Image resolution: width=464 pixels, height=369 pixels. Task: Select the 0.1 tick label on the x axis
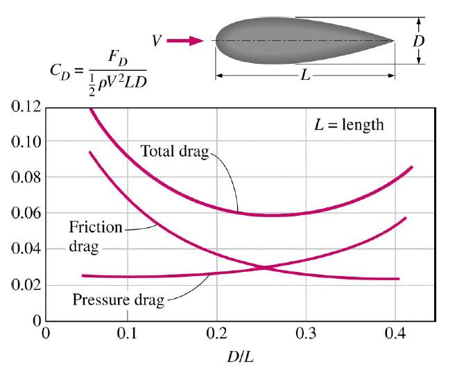[x=127, y=335]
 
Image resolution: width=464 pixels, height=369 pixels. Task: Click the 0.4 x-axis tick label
[x=394, y=335]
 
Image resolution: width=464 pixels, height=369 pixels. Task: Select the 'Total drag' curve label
[x=174, y=151]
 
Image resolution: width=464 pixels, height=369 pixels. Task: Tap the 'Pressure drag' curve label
[x=118, y=300]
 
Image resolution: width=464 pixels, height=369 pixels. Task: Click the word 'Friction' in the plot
[x=96, y=228]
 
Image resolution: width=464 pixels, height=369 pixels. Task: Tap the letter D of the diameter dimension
[x=418, y=40]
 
